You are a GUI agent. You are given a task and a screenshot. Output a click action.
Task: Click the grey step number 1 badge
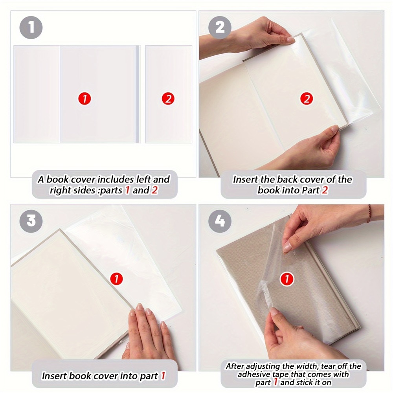31,28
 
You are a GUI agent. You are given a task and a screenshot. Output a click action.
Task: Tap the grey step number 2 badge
220,28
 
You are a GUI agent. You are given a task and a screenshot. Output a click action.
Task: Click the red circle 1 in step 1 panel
84,99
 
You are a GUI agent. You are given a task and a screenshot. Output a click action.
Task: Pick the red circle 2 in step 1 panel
168,99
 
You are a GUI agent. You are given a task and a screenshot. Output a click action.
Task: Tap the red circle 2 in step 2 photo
307,99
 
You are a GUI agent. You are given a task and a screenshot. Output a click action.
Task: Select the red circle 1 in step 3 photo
116,279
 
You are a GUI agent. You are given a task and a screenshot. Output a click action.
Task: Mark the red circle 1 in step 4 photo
287,279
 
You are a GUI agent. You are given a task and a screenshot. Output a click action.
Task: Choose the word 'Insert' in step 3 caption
55,376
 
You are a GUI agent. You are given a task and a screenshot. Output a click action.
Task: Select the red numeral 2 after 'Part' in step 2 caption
325,191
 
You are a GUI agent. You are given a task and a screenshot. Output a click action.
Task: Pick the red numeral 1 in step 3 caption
163,376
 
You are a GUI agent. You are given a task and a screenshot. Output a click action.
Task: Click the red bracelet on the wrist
369,214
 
